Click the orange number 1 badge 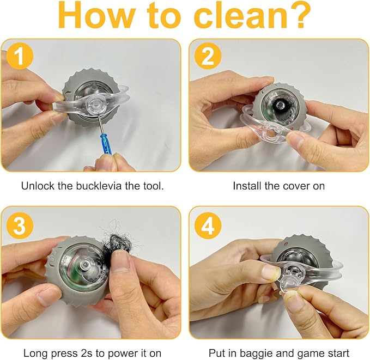click(x=20, y=56)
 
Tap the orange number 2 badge click(x=208, y=56)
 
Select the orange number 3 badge click(x=20, y=225)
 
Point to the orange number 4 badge click(x=208, y=225)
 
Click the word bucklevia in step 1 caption click(x=99, y=186)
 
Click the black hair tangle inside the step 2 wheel click(x=280, y=106)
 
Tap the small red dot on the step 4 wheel click(x=286, y=243)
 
